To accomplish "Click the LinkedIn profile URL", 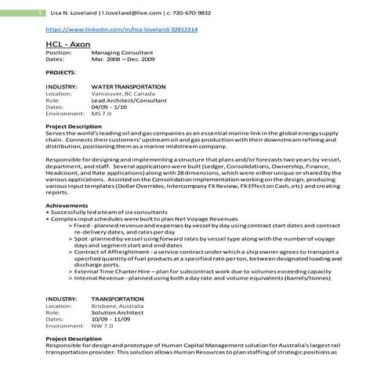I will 121,29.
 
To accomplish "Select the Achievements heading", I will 67,205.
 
